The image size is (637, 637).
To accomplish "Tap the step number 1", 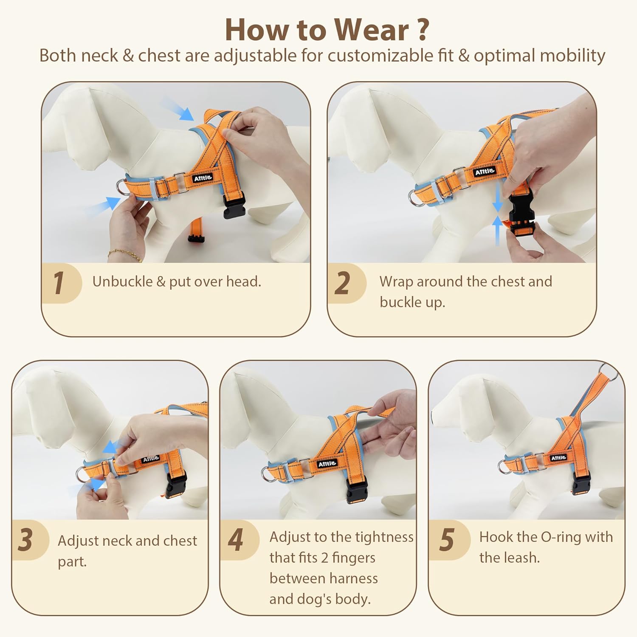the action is click(x=59, y=283).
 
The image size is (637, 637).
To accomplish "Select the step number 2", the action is click(x=342, y=283).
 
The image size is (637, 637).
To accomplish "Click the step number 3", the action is click(x=25, y=540).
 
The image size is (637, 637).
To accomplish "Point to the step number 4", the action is click(x=236, y=540).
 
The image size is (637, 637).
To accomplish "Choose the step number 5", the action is click(x=446, y=540).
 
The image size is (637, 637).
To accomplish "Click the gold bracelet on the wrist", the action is click(x=126, y=254).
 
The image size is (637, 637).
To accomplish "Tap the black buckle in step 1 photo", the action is click(x=234, y=205).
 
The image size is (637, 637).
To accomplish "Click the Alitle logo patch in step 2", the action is click(x=485, y=172).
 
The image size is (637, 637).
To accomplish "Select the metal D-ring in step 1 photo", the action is click(x=123, y=188).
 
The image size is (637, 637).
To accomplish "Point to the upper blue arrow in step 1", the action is click(x=178, y=108).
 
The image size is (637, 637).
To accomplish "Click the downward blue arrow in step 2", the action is click(x=497, y=199).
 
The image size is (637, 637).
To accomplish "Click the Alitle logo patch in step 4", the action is click(x=327, y=464).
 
